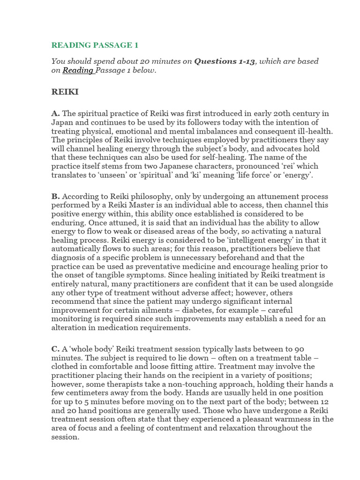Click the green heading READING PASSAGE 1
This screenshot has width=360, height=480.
(95, 45)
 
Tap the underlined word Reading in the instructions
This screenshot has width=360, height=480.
(78, 70)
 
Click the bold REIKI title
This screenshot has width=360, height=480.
(65, 92)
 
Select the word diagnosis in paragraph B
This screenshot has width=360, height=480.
(69, 257)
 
